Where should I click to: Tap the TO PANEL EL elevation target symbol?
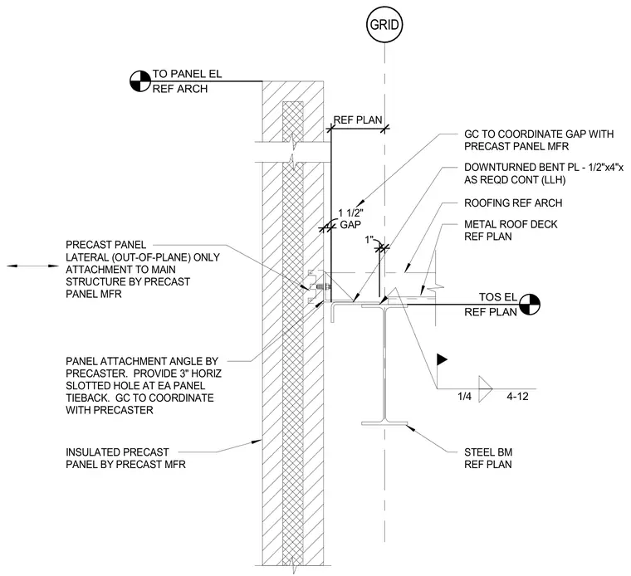(140, 81)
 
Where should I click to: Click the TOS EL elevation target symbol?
(529, 304)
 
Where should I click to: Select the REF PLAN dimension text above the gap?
(358, 120)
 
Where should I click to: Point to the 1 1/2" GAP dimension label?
(350, 219)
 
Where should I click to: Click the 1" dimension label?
(369, 240)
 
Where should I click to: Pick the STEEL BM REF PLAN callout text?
(488, 458)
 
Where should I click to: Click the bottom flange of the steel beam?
(384, 423)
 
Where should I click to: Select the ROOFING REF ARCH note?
(513, 203)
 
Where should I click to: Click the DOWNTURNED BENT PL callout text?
(544, 173)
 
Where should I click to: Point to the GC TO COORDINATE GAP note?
(539, 140)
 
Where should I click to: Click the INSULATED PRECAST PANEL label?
(125, 458)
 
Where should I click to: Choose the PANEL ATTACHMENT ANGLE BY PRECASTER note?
(144, 385)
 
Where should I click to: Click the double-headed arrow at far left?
(32, 266)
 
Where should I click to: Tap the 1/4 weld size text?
(464, 396)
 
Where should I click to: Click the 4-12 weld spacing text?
(517, 396)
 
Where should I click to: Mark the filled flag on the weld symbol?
(442, 359)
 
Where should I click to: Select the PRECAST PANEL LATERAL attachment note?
(143, 269)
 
